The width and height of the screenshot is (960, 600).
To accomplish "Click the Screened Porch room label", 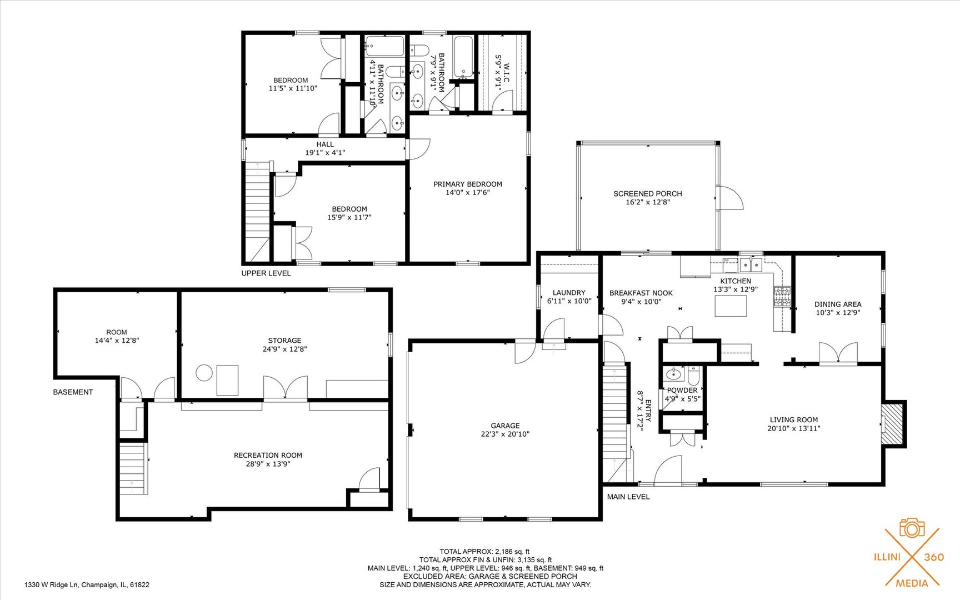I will [x=647, y=193].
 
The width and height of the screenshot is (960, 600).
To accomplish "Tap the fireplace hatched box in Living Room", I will [x=892, y=424].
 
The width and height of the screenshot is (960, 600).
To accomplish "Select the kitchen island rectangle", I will [x=730, y=306].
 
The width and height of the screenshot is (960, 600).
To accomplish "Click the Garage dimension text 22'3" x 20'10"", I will [x=505, y=434].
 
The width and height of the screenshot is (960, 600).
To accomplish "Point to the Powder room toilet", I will [x=693, y=376].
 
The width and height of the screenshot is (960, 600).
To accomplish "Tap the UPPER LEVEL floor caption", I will [x=266, y=273].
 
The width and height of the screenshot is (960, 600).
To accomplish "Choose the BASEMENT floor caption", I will [x=73, y=392].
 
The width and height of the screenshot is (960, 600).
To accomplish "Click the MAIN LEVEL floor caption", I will [x=628, y=497].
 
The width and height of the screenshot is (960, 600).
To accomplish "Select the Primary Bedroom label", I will [x=467, y=184].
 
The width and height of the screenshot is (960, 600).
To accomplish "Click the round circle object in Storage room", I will [x=204, y=373].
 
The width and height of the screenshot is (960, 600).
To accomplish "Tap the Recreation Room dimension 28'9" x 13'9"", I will [x=268, y=464].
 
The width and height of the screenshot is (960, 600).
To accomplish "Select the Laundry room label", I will [x=569, y=293].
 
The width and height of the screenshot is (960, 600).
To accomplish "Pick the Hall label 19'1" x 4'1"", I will [x=325, y=148].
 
